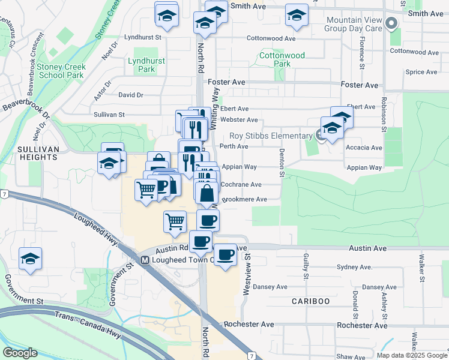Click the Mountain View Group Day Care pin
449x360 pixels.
(x=392, y=25)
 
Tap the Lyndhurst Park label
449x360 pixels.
(x=141, y=65)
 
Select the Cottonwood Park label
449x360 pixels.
(x=282, y=59)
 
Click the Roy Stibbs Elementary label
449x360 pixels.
(x=271, y=136)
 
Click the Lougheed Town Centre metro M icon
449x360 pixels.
(x=144, y=260)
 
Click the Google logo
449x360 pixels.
(x=20, y=353)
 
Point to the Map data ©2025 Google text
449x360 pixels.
(x=412, y=355)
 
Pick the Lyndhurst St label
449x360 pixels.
(x=143, y=37)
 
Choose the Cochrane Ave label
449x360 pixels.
(x=241, y=185)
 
